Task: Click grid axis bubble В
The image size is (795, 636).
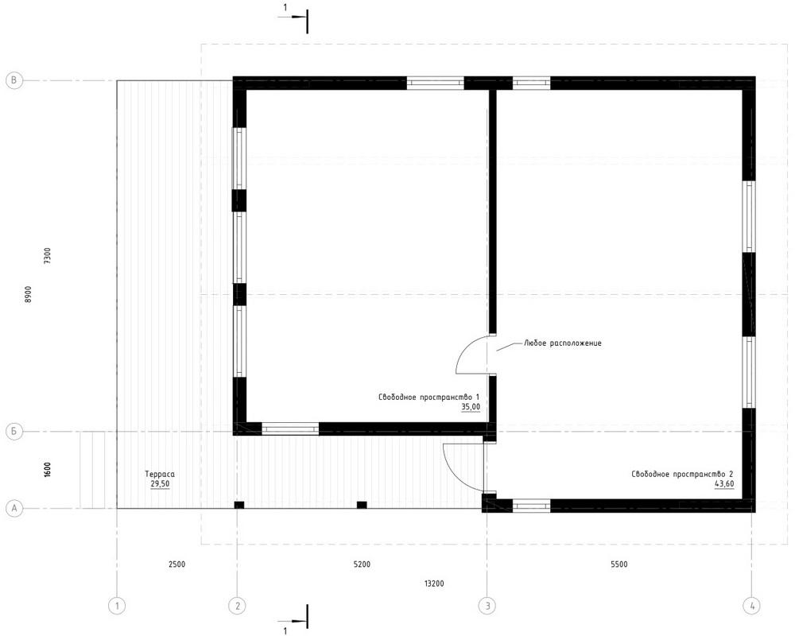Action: (x=14, y=80)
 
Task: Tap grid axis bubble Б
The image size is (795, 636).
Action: (x=14, y=432)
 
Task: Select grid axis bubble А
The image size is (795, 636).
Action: (x=14, y=508)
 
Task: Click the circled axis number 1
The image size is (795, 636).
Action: (x=117, y=606)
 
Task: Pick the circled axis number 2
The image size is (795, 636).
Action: (x=237, y=606)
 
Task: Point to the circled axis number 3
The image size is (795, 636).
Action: (x=487, y=606)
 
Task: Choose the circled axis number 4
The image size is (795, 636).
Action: (x=751, y=606)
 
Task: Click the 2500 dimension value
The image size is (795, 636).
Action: (x=177, y=564)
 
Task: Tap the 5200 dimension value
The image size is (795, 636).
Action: (x=362, y=564)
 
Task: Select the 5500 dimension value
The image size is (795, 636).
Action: (x=619, y=564)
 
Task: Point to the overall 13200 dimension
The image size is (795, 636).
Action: (x=434, y=584)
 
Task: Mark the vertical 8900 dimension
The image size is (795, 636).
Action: (x=29, y=295)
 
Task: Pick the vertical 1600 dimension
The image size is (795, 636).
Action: (x=48, y=470)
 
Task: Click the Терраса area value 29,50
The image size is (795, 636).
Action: (x=161, y=484)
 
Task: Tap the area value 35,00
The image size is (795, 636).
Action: (x=471, y=407)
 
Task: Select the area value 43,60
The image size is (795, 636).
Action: (x=724, y=484)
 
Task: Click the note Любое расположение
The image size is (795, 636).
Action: (x=563, y=343)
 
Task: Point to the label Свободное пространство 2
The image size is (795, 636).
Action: (x=682, y=474)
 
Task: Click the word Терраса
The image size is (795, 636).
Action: (x=161, y=474)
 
